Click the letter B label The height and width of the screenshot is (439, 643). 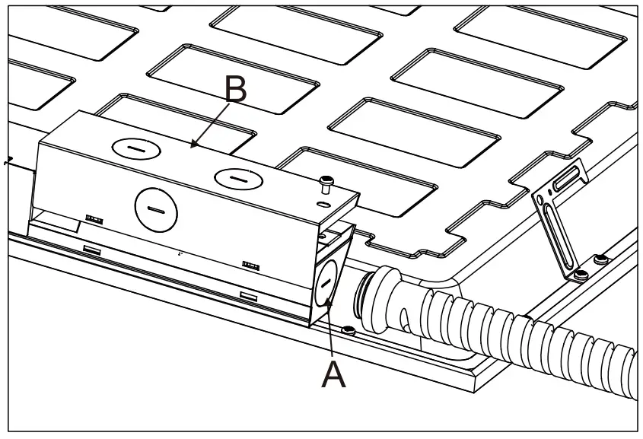point(236,89)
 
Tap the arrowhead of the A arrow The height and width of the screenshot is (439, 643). point(328,303)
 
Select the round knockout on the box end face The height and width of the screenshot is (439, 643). point(326,283)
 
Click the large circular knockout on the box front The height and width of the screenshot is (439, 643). point(156,210)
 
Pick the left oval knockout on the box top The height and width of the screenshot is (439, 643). point(136,149)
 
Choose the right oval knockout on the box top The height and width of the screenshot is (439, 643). point(238,179)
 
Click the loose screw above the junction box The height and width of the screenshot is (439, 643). point(326,184)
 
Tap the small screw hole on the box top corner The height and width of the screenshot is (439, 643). point(323,204)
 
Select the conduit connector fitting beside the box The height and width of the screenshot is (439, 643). point(384,300)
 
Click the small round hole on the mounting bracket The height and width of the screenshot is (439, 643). point(540,201)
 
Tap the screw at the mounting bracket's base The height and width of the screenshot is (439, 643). point(581,274)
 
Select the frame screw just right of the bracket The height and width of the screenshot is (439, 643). point(600,259)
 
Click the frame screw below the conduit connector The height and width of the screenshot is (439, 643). point(349,329)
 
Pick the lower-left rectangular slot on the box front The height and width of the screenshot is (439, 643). point(92,250)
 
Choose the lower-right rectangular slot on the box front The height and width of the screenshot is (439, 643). point(249,296)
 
